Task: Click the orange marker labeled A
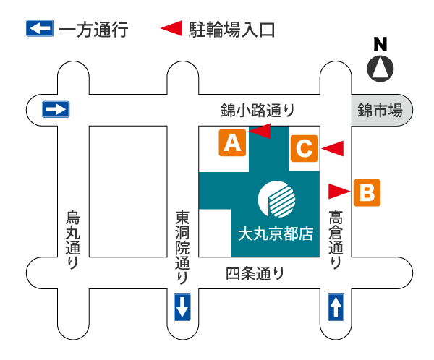232,142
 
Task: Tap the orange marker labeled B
367,192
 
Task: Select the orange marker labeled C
305,149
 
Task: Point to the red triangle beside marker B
339,191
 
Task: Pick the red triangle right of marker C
333,148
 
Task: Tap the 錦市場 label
380,111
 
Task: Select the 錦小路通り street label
258,111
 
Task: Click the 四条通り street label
255,274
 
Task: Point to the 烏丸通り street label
73,239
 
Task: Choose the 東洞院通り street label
182,247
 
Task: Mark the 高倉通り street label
336,239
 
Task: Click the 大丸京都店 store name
276,233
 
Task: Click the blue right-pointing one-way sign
56,109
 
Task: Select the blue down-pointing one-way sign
182,307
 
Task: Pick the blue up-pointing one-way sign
336,307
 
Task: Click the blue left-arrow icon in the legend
40,29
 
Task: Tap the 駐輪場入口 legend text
231,30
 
